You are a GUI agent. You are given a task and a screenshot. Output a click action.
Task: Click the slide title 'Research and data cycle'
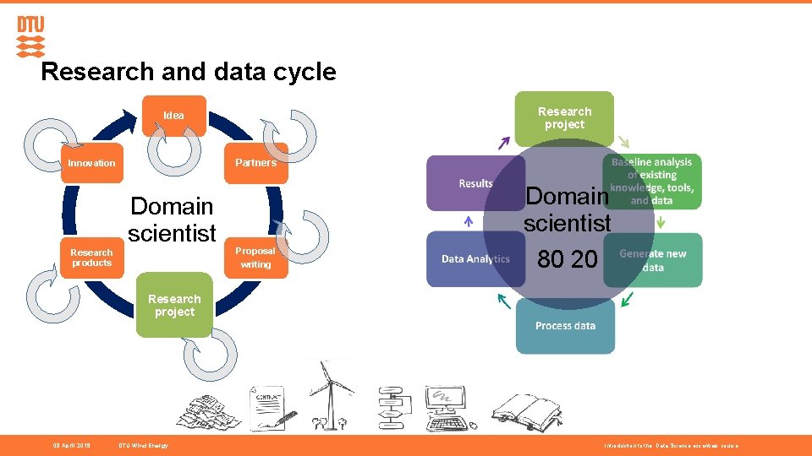pyautogui.click(x=188, y=72)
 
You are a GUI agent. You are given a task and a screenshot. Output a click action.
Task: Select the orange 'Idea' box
pyautogui.click(x=173, y=115)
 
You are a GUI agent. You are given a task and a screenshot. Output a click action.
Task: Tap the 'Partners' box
pyautogui.click(x=255, y=163)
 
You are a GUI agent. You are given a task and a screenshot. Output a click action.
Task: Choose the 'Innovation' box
pyautogui.click(x=91, y=163)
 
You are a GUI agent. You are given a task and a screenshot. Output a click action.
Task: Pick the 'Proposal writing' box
pyautogui.click(x=255, y=258)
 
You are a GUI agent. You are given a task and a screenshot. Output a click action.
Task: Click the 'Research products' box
pyautogui.click(x=91, y=258)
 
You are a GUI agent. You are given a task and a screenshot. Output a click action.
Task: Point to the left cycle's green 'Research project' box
pyautogui.click(x=174, y=305)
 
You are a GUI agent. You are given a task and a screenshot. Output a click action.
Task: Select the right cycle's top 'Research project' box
pyautogui.click(x=564, y=117)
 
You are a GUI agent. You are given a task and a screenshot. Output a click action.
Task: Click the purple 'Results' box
pyautogui.click(x=475, y=183)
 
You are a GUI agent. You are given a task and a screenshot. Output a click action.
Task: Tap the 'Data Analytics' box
pyautogui.click(x=475, y=258)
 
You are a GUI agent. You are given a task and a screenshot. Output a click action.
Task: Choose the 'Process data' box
pyautogui.click(x=565, y=326)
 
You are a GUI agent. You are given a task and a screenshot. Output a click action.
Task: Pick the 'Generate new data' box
pyautogui.click(x=665, y=260)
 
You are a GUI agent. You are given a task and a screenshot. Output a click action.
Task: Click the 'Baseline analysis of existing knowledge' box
pyautogui.click(x=663, y=181)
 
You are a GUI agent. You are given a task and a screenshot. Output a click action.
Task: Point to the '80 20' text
pyautogui.click(x=567, y=260)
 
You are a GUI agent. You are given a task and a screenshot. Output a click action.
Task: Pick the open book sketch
pyautogui.click(x=525, y=411)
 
